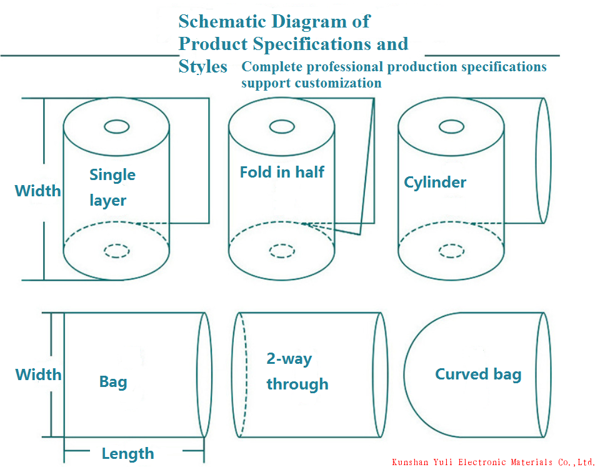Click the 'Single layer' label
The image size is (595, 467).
(112, 188)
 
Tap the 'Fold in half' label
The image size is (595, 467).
(282, 172)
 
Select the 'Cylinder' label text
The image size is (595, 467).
(435, 183)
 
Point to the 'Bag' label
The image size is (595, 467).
(113, 382)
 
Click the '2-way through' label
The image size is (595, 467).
(297, 371)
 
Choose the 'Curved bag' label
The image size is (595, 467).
(478, 374)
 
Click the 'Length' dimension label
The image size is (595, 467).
(127, 454)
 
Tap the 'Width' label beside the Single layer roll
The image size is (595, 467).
(37, 191)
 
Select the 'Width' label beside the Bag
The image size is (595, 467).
(38, 374)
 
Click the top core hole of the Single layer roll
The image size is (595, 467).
(117, 127)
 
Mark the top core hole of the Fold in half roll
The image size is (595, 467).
(282, 127)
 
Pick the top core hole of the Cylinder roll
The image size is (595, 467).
(451, 127)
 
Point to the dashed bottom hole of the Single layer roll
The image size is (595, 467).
(117, 251)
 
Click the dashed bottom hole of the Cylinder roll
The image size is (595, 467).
(451, 251)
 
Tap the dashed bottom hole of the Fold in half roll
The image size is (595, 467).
(282, 251)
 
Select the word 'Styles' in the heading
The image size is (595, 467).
(202, 67)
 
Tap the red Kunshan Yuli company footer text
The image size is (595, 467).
(492, 462)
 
